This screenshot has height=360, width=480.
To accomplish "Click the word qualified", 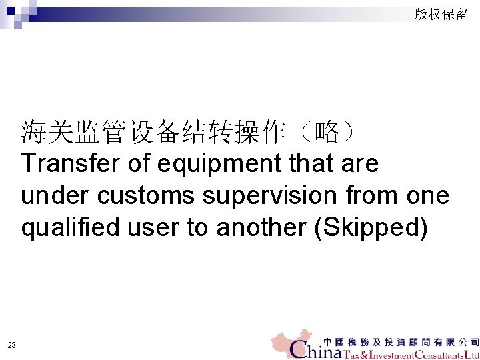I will (61, 228).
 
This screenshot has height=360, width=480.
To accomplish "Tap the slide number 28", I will (11, 345).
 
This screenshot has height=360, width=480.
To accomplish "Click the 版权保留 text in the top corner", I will (441, 14).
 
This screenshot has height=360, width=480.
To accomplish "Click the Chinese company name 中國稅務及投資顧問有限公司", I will (400, 340).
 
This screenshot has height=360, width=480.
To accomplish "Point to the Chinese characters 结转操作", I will (239, 132).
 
